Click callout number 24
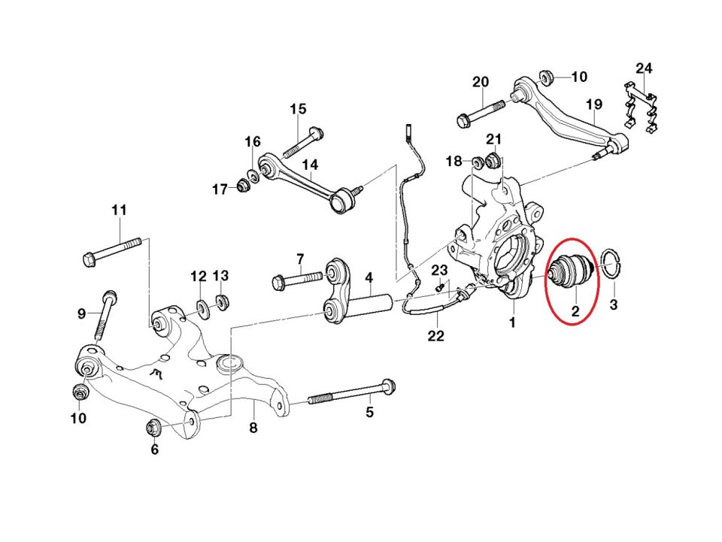click(644, 69)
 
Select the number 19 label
click(594, 104)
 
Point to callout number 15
click(298, 109)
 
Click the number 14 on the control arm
click(311, 165)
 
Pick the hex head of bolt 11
click(88, 261)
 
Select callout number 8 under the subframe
click(253, 428)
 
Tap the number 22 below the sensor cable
click(436, 336)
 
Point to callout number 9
click(82, 313)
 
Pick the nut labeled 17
click(243, 185)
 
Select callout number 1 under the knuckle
click(512, 322)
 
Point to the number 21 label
click(493, 139)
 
